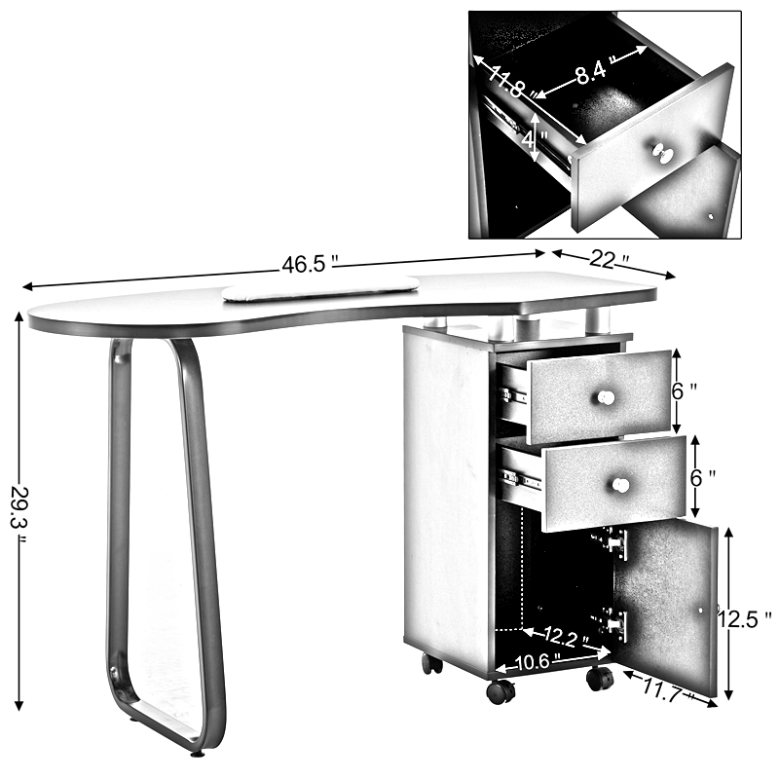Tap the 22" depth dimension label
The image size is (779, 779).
(610, 259)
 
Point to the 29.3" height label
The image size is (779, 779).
(20, 514)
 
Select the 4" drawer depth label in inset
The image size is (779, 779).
(534, 139)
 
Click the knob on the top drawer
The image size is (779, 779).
(606, 397)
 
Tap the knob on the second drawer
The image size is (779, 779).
(620, 485)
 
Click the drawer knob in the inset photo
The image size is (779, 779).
(662, 153)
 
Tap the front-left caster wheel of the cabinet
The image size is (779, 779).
(501, 691)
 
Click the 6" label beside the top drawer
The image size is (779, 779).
(685, 391)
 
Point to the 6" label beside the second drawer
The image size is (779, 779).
(703, 478)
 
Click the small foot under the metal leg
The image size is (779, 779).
(199, 754)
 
